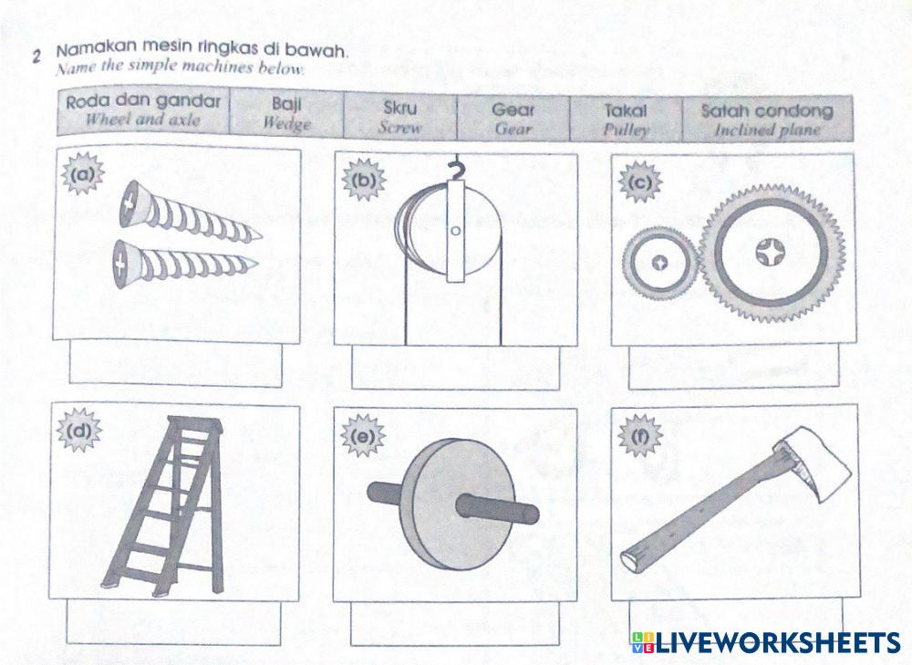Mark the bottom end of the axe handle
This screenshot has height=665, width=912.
coord(629,557)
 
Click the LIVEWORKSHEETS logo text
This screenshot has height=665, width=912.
coord(777,642)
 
